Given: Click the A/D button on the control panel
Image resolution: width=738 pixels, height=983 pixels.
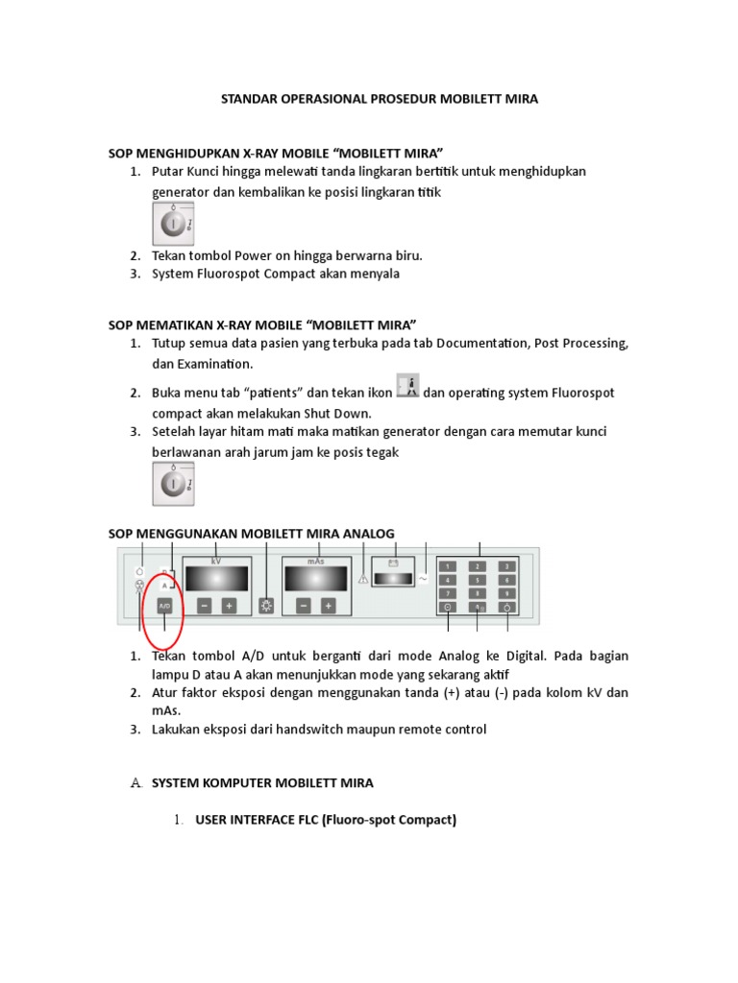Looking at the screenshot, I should (x=164, y=607).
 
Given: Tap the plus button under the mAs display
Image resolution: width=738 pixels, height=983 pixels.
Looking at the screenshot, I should (x=329, y=606).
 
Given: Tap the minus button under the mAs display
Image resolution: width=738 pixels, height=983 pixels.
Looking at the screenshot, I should (x=304, y=606).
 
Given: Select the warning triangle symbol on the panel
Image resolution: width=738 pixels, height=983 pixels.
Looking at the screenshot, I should (x=363, y=579).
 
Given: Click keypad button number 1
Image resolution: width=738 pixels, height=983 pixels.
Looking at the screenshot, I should (x=448, y=566).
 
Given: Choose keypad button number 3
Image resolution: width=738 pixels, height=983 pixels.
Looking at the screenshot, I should (x=506, y=566).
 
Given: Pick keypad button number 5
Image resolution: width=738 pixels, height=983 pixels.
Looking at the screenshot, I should (x=478, y=580).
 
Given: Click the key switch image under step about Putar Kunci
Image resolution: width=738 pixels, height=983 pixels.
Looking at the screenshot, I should (x=173, y=225).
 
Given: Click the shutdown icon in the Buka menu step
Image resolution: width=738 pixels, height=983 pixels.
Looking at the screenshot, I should (x=407, y=388).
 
